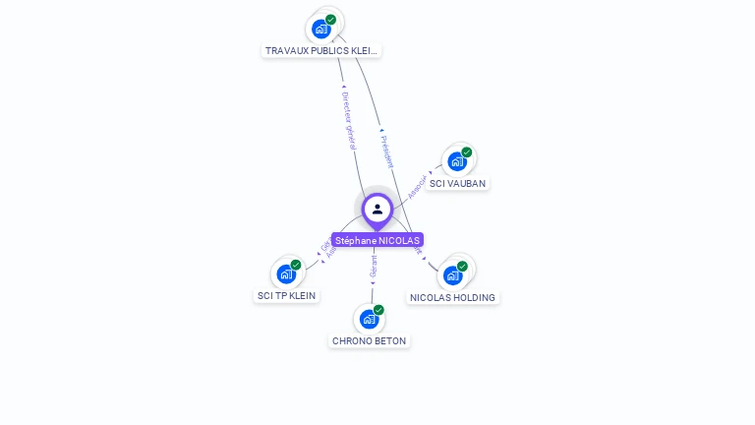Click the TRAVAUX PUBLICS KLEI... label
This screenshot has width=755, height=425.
321,50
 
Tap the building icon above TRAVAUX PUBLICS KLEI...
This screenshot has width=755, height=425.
320,29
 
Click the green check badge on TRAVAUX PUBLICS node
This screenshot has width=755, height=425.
331,20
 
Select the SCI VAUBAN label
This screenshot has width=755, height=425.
457,183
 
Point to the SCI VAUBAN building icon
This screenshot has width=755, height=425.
456,161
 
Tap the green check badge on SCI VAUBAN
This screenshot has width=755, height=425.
467,152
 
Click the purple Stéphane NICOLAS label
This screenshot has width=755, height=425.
377,240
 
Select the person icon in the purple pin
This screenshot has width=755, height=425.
377,209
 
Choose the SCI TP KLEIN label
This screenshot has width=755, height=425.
287,295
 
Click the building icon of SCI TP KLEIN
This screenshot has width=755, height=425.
285,273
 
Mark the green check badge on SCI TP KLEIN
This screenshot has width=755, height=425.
296,265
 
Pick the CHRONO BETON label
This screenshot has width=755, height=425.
369,340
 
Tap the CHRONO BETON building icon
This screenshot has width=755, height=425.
369,319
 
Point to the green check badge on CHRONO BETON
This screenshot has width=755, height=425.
379,310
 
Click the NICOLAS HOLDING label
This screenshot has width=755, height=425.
453,297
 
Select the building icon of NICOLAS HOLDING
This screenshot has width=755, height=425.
452,274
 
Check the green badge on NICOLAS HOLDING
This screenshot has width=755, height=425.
463,266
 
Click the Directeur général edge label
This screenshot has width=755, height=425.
349,119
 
